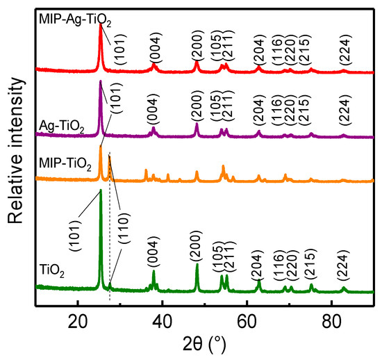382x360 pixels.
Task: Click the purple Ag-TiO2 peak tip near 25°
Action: point(101,82)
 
